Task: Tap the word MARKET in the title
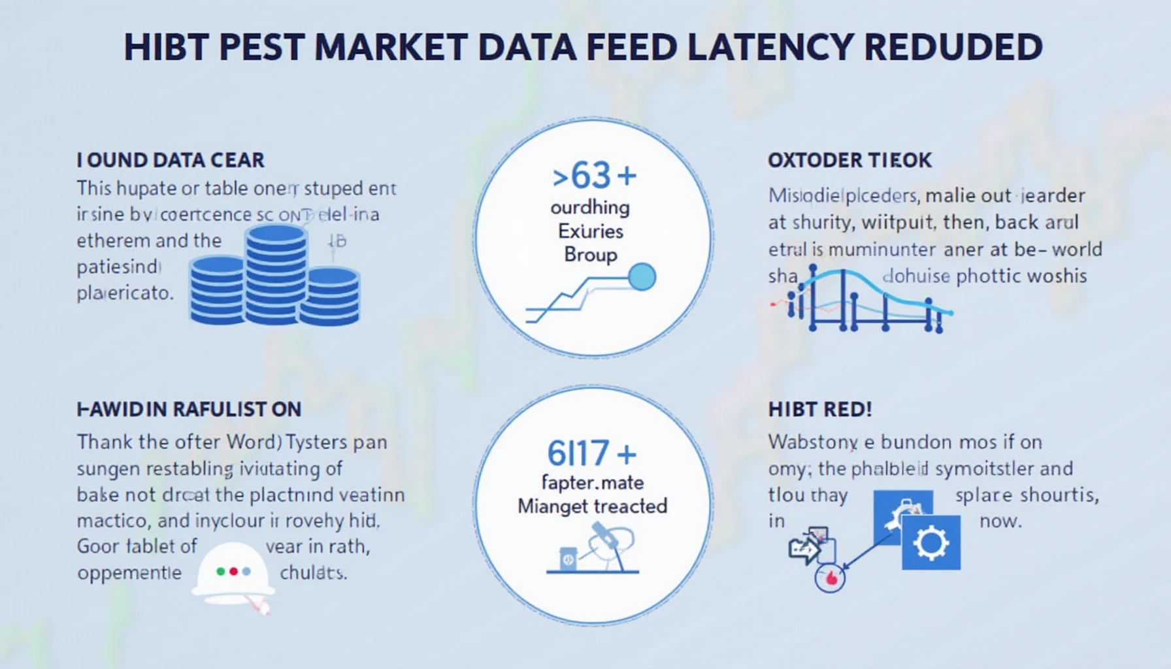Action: pyautogui.click(x=391, y=47)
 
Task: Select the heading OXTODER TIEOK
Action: pyautogui.click(x=849, y=160)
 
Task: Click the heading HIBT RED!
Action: pyautogui.click(x=819, y=410)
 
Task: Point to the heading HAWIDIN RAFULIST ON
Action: pyautogui.click(x=189, y=410)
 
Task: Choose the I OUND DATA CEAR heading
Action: pyautogui.click(x=171, y=160)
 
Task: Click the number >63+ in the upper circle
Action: pyautogui.click(x=593, y=176)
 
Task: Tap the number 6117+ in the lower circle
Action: pyautogui.click(x=591, y=453)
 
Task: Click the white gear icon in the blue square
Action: pyautogui.click(x=931, y=542)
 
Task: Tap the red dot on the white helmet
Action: pyautogui.click(x=233, y=571)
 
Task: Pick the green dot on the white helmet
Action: pyautogui.click(x=221, y=571)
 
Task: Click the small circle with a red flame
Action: pyautogui.click(x=830, y=578)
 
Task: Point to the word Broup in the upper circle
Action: pyautogui.click(x=590, y=254)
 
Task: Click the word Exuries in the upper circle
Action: pyautogui.click(x=590, y=231)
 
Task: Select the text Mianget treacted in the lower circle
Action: pyautogui.click(x=592, y=506)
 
